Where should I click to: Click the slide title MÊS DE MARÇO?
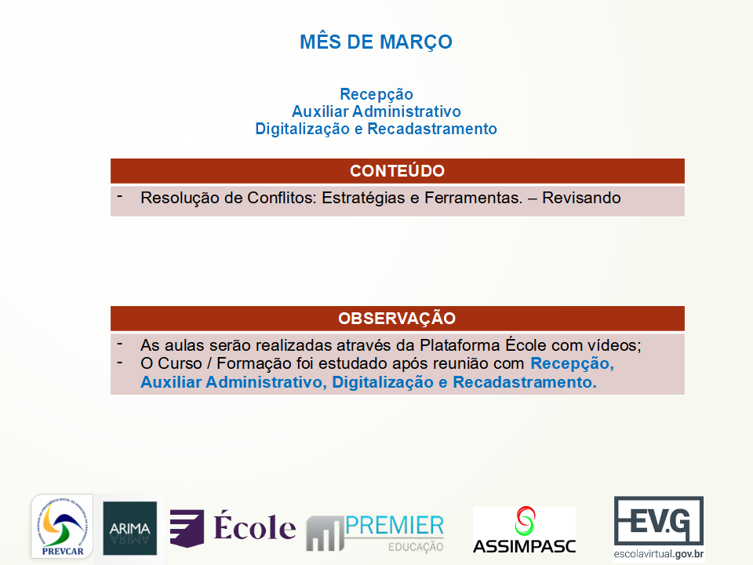[x=376, y=42]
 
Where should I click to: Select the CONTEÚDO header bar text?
[x=397, y=171]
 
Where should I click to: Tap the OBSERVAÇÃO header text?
[x=397, y=318]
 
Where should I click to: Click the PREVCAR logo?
[x=62, y=527]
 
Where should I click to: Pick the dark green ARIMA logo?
[x=129, y=528]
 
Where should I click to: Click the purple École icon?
[x=187, y=528]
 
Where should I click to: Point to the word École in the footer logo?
[x=254, y=527]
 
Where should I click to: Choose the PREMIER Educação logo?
[x=375, y=533]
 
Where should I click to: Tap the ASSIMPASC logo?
[x=525, y=530]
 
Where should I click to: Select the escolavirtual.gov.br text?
[x=659, y=554]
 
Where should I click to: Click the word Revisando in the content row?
[x=581, y=198]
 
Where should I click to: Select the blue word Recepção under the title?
[x=376, y=94]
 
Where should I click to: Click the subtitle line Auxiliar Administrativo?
[x=376, y=111]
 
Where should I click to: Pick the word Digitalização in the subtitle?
[x=302, y=129]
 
